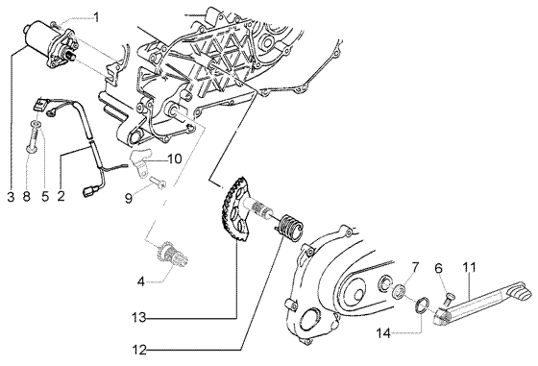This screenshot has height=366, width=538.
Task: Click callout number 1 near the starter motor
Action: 96,16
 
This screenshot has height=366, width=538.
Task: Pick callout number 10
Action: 175,159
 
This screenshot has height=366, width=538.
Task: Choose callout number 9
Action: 127,198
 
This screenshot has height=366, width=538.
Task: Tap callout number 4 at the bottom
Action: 141,281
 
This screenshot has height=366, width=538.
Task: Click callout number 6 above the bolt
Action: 438,268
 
